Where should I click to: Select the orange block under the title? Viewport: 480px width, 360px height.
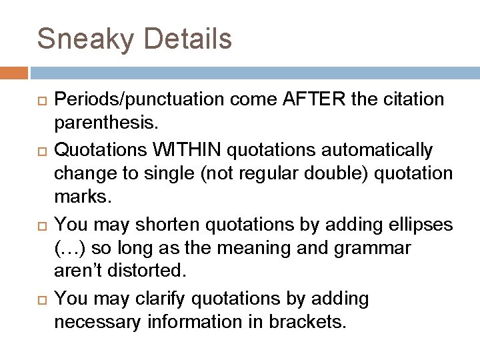(14, 72)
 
